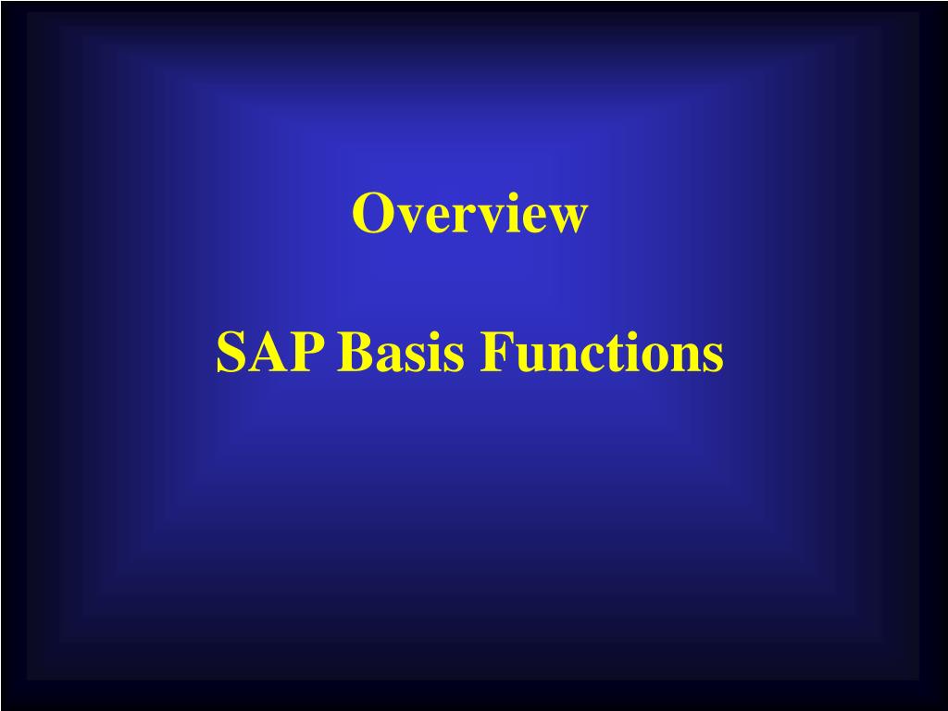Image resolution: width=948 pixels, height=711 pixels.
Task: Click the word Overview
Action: pos(468,214)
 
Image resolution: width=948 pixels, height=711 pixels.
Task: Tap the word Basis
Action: pos(402,354)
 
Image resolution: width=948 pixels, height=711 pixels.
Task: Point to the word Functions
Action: pos(601,354)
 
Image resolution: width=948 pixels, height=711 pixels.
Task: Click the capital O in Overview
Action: pos(369,214)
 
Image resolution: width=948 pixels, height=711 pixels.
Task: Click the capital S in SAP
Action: pos(231,354)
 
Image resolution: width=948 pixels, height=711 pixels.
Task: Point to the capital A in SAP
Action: pos(269,354)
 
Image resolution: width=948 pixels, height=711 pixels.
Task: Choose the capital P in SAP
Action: pos(311,354)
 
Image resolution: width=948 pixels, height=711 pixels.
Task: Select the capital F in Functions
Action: pos(493,354)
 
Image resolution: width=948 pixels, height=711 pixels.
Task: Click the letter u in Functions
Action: pos(523,358)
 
